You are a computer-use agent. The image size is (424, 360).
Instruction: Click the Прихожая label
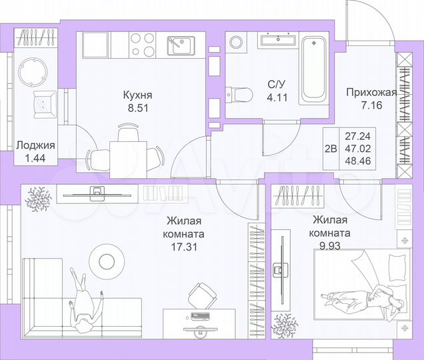click(x=371, y=93)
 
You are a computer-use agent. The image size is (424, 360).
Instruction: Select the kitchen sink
click(x=179, y=47)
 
